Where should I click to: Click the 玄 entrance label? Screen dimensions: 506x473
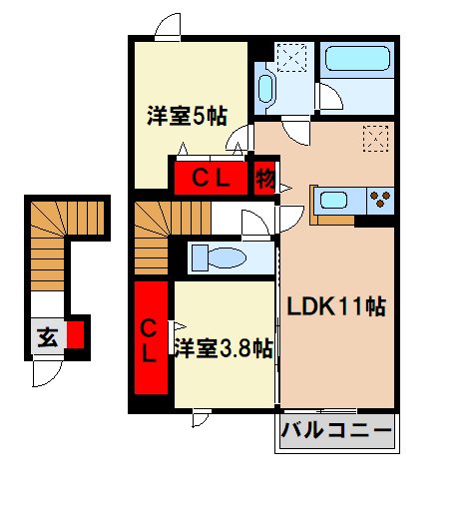pyautogui.click(x=47, y=336)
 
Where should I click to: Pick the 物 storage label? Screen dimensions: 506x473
pyautogui.click(x=264, y=180)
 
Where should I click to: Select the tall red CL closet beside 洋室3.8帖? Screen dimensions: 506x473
pyautogui.click(x=151, y=340)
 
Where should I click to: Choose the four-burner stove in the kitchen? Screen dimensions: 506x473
pyautogui.click(x=379, y=198)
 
